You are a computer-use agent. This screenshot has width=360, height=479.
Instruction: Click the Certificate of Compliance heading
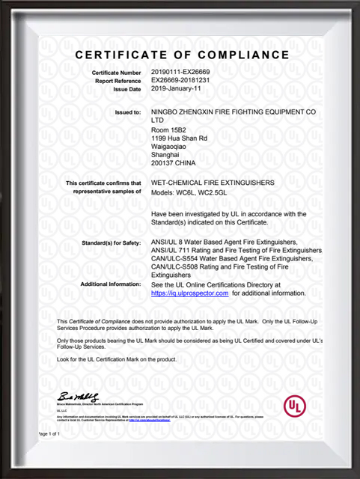click(x=182, y=55)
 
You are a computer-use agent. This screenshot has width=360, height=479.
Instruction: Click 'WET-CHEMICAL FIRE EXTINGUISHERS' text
click(x=213, y=183)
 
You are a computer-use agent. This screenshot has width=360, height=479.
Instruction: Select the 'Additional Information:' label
click(x=110, y=284)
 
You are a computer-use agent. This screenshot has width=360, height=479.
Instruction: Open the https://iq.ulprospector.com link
click(x=189, y=294)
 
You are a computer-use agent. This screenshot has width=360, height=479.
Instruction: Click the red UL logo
click(x=294, y=406)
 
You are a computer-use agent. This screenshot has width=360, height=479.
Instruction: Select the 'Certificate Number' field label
click(x=116, y=72)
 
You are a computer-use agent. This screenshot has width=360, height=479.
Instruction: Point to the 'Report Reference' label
click(x=117, y=80)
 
